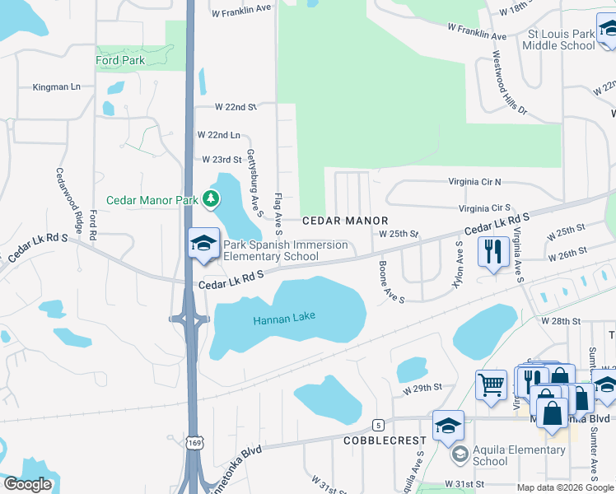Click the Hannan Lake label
[284, 318]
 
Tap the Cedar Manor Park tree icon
[212, 198]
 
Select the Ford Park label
[120, 60]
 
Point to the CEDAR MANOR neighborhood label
[344, 221]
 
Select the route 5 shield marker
[378, 425]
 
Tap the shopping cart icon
[491, 384]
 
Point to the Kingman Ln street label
[57, 86]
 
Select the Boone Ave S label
[391, 282]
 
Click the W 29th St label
[423, 386]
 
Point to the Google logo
[28, 484]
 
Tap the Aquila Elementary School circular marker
[459, 454]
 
